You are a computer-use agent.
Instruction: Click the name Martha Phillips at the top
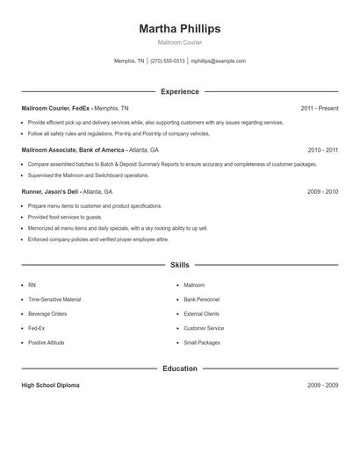click(x=179, y=29)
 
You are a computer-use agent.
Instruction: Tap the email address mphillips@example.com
click(x=218, y=61)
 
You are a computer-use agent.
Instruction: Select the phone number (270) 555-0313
click(x=168, y=61)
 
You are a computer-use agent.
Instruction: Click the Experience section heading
click(x=179, y=91)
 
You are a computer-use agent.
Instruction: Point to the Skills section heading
click(x=179, y=264)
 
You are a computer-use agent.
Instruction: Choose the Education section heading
click(x=179, y=368)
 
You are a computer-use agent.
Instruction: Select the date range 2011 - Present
click(x=319, y=108)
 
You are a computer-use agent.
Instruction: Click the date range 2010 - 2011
click(x=322, y=150)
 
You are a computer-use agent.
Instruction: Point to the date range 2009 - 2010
click(x=322, y=191)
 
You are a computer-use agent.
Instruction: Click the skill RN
click(x=32, y=285)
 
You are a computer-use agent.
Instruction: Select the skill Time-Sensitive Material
click(x=54, y=299)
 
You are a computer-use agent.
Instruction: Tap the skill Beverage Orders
click(x=47, y=313)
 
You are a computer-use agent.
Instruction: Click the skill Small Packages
click(x=203, y=342)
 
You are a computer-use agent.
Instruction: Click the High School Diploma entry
click(x=50, y=385)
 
